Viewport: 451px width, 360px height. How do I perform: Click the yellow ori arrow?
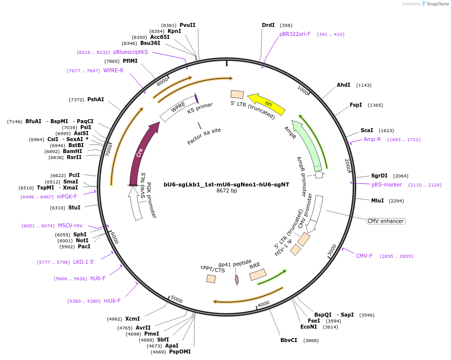coord(267,103)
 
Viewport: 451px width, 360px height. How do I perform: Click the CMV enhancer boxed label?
coord(386,221)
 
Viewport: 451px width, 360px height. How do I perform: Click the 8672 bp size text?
coord(226,190)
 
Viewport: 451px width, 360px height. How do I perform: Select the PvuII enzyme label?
coord(188,25)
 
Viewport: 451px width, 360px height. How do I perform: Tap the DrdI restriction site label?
coord(268,25)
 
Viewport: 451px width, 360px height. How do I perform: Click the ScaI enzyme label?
coord(367,130)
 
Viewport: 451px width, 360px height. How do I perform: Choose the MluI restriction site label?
coord(377,200)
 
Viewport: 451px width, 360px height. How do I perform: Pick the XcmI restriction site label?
coord(132,319)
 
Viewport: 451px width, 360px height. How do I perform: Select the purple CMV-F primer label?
coord(364,256)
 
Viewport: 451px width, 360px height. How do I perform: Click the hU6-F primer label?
coord(98,278)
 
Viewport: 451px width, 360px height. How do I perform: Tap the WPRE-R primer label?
coord(113,70)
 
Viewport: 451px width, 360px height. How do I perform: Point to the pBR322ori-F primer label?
coord(295,34)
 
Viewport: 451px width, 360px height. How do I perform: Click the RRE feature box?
coord(258,274)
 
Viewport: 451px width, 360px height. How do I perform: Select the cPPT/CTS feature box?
coord(211,279)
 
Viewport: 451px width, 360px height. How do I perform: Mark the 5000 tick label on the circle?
coord(177,299)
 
